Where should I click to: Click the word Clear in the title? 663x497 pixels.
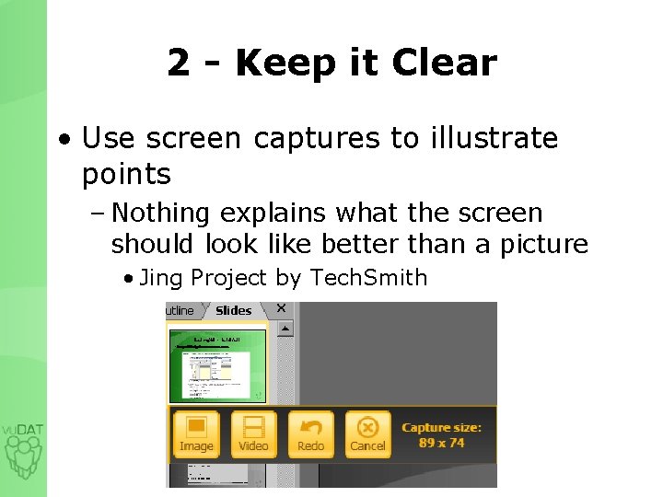click(x=444, y=63)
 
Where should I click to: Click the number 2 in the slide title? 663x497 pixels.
click(x=179, y=63)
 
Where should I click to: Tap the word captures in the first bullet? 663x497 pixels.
click(x=315, y=138)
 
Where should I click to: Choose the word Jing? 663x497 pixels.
click(x=160, y=278)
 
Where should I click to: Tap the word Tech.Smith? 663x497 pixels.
click(x=369, y=277)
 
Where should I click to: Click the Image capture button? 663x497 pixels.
click(x=196, y=434)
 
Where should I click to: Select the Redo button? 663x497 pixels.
click(x=310, y=434)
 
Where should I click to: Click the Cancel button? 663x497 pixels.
click(x=367, y=434)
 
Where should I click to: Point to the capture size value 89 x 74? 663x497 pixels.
click(x=442, y=443)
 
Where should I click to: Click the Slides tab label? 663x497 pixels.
click(x=233, y=310)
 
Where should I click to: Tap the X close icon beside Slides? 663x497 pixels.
click(x=281, y=309)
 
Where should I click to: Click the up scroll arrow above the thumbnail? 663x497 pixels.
click(x=285, y=328)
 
